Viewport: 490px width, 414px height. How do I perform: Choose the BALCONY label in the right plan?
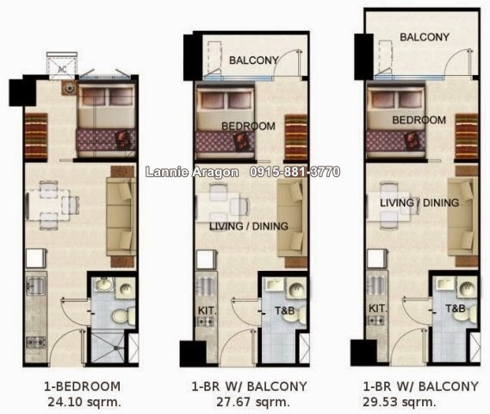(425, 37)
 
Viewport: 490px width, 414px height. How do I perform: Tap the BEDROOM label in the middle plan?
(248, 126)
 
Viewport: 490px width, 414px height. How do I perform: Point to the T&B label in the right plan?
(456, 308)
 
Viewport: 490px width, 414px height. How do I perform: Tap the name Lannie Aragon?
(185, 172)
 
